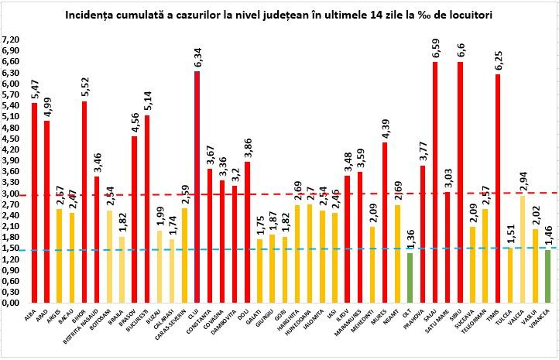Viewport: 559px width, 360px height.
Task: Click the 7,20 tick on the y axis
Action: click(11, 39)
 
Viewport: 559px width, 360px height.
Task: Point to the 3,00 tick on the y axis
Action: click(11, 194)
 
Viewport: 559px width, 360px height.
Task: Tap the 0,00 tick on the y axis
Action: click(11, 303)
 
